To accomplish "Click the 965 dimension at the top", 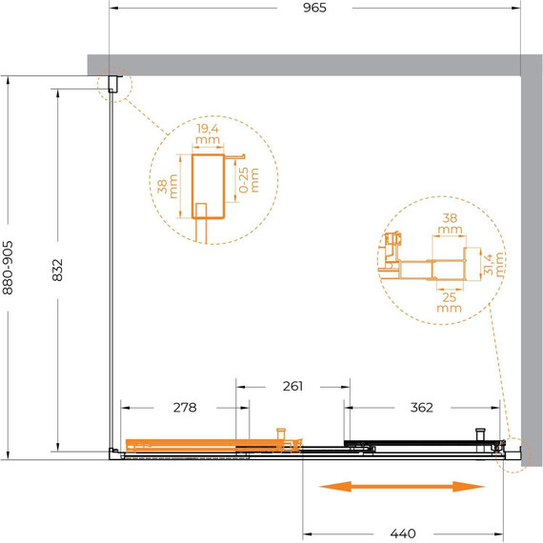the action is point(314,8).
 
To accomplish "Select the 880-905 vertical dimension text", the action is point(8,268).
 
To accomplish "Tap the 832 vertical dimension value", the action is point(57,270).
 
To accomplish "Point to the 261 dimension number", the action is point(292,386).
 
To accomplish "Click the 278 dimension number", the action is point(185,408).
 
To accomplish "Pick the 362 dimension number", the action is point(421,408).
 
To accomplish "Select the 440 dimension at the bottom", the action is point(403,533).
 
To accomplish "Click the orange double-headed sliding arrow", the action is point(402,487).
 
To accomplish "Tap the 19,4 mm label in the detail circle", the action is point(208,134).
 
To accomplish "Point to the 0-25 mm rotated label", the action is point(249,180).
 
